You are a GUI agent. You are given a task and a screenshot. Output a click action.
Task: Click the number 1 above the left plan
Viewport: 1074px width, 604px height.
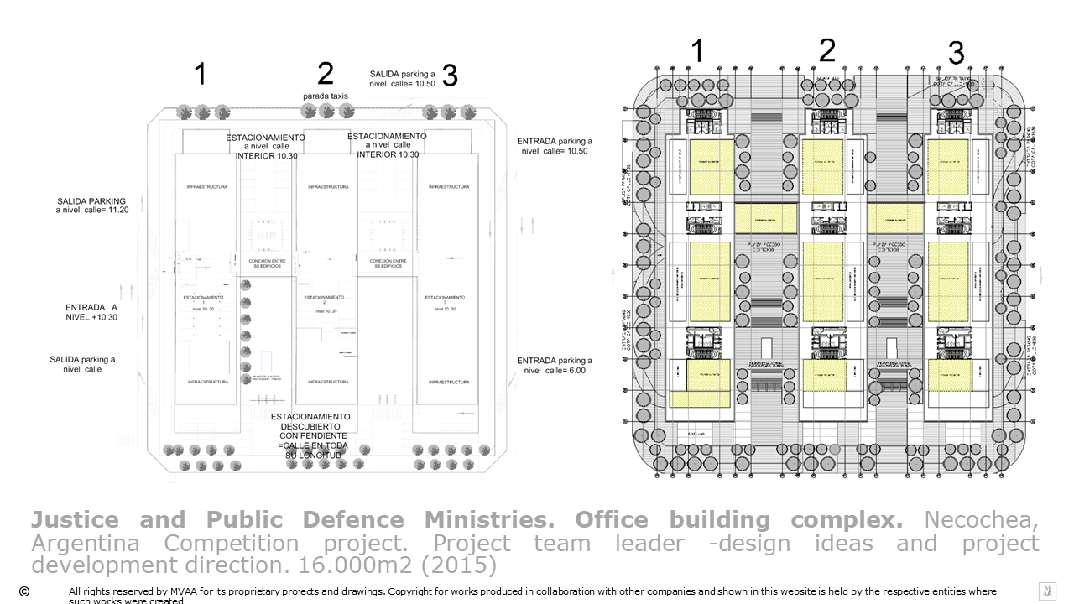tap(200, 74)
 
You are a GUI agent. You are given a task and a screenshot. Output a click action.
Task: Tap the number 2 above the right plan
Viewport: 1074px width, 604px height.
tap(827, 50)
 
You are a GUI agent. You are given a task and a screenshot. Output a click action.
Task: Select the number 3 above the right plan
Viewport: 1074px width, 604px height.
tap(956, 54)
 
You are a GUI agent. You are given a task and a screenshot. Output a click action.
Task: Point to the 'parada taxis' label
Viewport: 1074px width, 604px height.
tap(326, 96)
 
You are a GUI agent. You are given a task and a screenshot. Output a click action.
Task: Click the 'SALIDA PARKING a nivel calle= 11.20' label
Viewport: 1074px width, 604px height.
tap(91, 206)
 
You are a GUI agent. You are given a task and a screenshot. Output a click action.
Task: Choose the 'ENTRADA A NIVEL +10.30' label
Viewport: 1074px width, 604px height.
tap(91, 313)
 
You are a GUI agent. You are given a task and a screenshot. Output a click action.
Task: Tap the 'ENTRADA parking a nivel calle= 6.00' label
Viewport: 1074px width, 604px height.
tap(554, 365)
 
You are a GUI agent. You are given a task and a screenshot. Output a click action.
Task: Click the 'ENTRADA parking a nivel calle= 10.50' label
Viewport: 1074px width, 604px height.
tap(554, 146)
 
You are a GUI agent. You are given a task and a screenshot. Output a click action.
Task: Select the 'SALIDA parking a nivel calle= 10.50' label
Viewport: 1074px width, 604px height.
tap(403, 79)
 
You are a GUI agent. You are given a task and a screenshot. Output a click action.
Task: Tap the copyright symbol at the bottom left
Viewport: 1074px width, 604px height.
tap(24, 591)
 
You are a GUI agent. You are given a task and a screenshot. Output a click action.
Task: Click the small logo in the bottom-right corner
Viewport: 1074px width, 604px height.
tap(1046, 591)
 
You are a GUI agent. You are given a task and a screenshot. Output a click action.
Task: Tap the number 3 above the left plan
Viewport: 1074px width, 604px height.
tap(450, 75)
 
